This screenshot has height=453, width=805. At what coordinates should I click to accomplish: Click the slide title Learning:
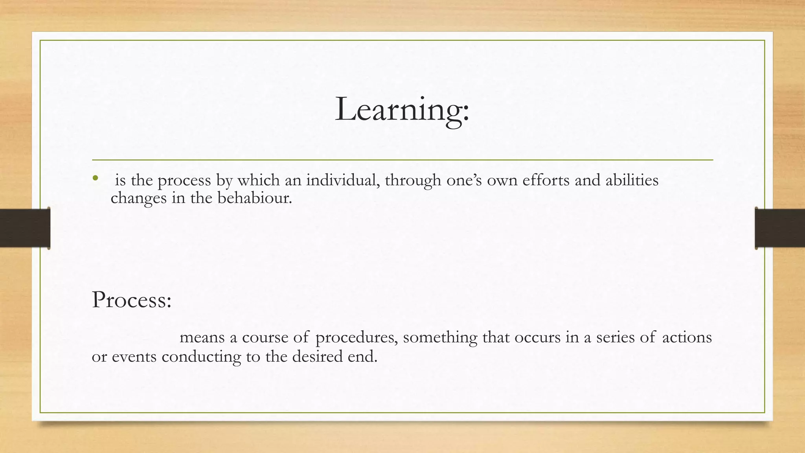point(402,110)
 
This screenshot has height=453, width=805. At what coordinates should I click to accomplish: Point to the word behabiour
point(255,197)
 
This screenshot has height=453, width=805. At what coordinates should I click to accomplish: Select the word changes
point(139,198)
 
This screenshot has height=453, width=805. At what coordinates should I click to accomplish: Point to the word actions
point(687,337)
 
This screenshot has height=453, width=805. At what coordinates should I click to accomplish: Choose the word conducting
point(201,357)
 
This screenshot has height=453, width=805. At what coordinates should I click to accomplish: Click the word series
point(615,337)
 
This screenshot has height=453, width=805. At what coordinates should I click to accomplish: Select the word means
point(202,337)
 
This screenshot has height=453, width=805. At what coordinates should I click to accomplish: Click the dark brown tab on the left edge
point(25,228)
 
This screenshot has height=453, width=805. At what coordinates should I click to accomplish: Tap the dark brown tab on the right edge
point(780,228)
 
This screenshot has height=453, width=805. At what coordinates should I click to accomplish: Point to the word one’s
point(464,180)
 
